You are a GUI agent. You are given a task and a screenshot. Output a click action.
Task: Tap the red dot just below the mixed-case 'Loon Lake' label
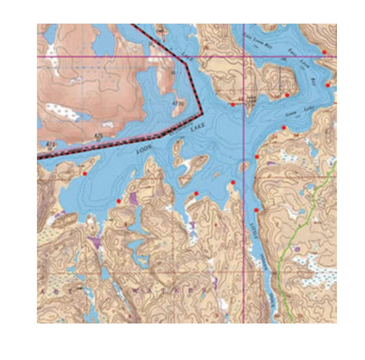click(283, 128)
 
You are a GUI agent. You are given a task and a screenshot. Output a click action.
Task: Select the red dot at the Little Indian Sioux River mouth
click(256, 209)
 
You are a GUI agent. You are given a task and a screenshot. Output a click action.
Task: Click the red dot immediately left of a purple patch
click(120, 201)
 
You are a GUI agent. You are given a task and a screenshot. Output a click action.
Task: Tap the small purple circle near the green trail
click(296, 250)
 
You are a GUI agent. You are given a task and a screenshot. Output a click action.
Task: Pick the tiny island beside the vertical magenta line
click(244, 165)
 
